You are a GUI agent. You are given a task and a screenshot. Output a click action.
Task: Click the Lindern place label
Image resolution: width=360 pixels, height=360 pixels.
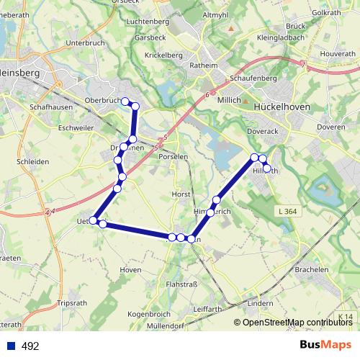pos(259,303)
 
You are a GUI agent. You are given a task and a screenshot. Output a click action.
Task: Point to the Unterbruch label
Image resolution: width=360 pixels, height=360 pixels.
pos(86,43)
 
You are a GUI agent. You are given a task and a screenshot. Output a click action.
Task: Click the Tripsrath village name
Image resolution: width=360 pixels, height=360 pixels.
pos(71,303)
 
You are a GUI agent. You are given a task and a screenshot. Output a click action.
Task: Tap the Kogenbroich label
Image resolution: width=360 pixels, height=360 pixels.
pos(148,315)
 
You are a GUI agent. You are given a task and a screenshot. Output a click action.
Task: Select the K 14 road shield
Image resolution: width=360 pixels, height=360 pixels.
pos(346,317)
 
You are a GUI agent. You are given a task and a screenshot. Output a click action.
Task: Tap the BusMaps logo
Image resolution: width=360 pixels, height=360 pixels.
pos(325,346)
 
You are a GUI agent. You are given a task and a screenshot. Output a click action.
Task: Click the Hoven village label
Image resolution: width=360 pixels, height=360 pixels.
pos(130,269)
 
